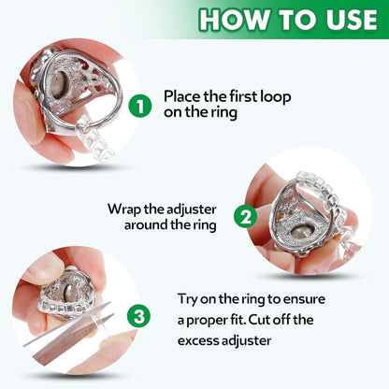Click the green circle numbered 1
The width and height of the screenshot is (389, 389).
[139, 106]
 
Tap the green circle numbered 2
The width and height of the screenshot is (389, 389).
[244, 217]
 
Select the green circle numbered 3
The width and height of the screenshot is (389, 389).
[140, 316]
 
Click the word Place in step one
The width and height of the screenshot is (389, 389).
[182, 95]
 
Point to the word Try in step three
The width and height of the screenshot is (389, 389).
[189, 298]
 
